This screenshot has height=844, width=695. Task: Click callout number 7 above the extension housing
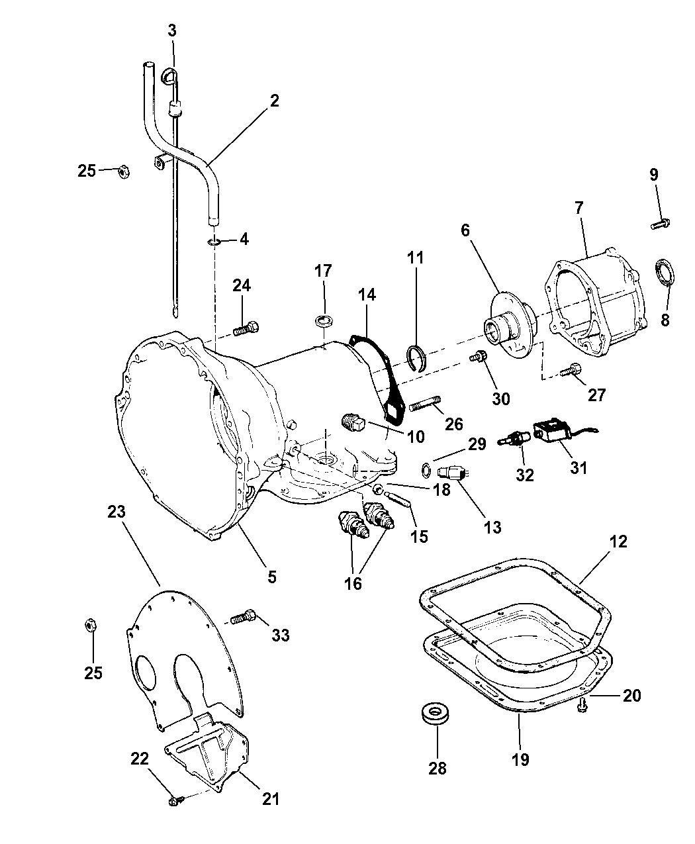pyautogui.click(x=579, y=207)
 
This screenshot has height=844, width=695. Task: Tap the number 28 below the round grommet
pyautogui.click(x=438, y=768)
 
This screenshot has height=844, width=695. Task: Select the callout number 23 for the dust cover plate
pyautogui.click(x=116, y=512)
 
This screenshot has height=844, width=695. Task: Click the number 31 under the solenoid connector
pyautogui.click(x=578, y=467)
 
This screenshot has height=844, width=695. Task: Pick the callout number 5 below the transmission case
pyautogui.click(x=271, y=577)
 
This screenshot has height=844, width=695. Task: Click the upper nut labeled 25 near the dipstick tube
pyautogui.click(x=122, y=171)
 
